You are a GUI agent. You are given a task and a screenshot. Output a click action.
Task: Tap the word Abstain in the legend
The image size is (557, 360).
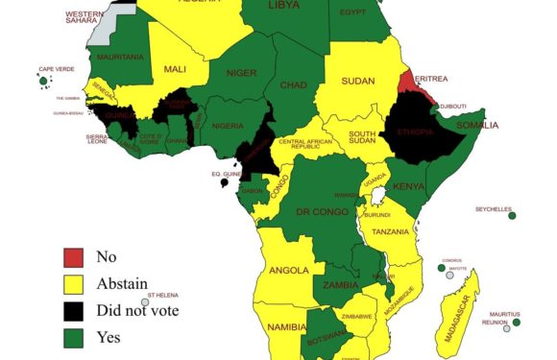[122, 283]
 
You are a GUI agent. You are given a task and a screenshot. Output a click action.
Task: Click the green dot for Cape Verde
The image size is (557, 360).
[44, 83]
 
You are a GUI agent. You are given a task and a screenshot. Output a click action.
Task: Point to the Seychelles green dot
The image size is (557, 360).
[512, 216]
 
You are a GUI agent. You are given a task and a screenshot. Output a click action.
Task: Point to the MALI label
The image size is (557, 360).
[176, 68]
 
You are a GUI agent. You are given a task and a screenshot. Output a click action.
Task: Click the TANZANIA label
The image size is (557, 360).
[390, 231]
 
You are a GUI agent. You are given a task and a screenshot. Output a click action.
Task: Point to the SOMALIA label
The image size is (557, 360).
[477, 125]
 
